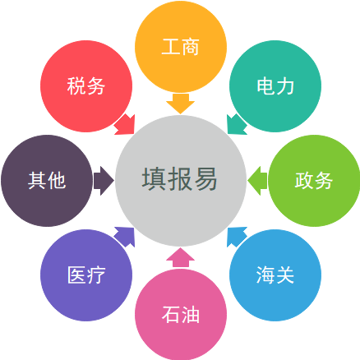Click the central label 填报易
[180, 179]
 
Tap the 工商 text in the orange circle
[181, 47]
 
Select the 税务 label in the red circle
[86, 86]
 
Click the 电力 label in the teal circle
[275, 86]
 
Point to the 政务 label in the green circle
[314, 181]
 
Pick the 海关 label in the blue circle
[275, 275]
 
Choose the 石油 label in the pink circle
[181, 315]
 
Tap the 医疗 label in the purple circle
[86, 275]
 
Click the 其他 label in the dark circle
[47, 181]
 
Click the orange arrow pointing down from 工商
[181, 104]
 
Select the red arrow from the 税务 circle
[125, 125]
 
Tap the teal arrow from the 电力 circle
[237, 124]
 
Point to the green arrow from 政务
[257, 181]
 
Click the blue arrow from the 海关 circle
[237, 237]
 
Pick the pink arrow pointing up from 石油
[181, 257]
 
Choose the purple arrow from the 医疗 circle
[125, 237]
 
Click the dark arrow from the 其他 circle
[104, 181]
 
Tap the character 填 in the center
[154, 179]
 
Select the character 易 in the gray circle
[205, 179]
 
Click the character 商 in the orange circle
[191, 47]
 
